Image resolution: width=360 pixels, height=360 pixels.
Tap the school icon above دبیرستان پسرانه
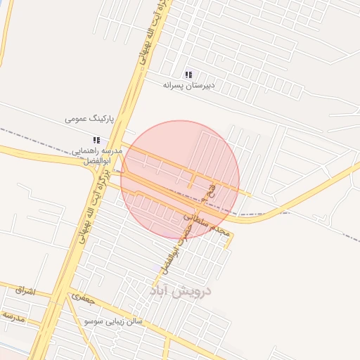coord(188,75)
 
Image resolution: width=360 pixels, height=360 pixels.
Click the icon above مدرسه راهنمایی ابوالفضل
coord(96,140)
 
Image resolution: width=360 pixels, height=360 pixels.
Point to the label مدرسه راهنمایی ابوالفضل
coord(97,155)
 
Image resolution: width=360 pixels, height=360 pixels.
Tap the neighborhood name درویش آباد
coord(180,290)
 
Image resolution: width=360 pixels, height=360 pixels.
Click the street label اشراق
coord(23,289)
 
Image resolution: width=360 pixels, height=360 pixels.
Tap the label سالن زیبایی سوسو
coord(113,321)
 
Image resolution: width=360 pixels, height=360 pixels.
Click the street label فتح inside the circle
coord(207,191)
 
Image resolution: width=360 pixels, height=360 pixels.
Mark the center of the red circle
coord(180,180)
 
